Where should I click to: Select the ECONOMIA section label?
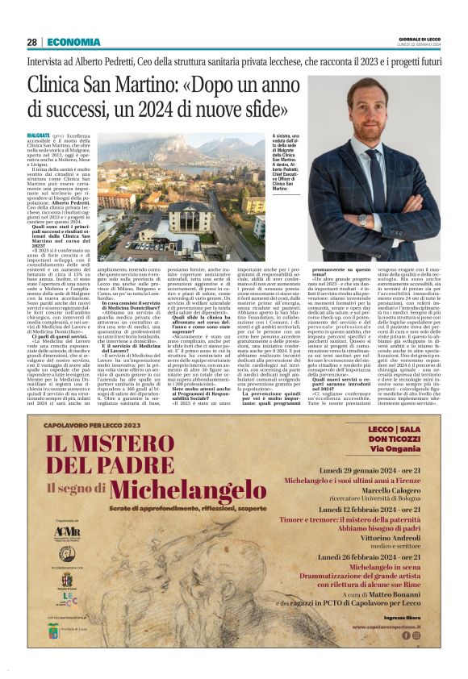(73, 42)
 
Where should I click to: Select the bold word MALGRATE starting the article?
(38, 135)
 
